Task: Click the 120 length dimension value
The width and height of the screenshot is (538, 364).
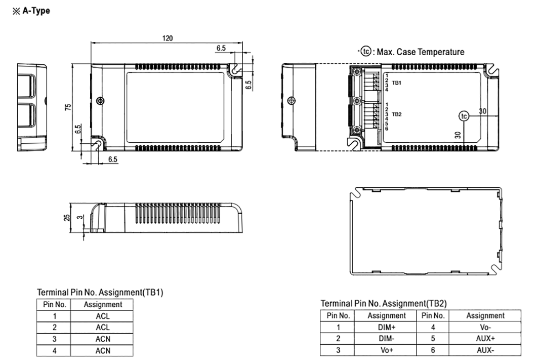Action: pyautogui.click(x=168, y=38)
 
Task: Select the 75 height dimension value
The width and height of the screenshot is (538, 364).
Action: pyautogui.click(x=68, y=107)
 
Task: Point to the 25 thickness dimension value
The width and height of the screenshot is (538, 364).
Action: pyautogui.click(x=67, y=217)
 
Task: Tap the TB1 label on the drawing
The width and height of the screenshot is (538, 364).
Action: pyautogui.click(x=397, y=82)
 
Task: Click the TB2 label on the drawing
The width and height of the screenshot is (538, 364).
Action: pyautogui.click(x=397, y=114)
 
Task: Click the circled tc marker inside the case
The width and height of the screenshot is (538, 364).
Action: pyautogui.click(x=464, y=116)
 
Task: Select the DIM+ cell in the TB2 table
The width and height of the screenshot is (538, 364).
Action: pyautogui.click(x=387, y=327)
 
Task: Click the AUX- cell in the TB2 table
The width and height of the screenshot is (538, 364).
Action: pyautogui.click(x=485, y=350)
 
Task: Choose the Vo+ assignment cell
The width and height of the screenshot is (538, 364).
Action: pyautogui.click(x=387, y=350)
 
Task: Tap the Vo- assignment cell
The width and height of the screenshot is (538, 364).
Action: pyautogui.click(x=485, y=327)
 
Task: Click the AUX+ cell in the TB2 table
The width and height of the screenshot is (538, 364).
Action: pyautogui.click(x=485, y=338)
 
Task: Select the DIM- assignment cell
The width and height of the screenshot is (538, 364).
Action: pyautogui.click(x=387, y=338)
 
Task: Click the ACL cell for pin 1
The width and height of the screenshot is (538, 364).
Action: pyautogui.click(x=103, y=316)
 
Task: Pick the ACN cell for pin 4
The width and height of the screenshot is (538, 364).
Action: pyautogui.click(x=103, y=350)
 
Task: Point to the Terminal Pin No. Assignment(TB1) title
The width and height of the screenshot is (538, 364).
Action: pyautogui.click(x=100, y=292)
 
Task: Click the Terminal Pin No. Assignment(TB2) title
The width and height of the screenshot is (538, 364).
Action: pyautogui.click(x=384, y=303)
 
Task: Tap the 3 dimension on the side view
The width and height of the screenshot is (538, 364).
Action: pyautogui.click(x=78, y=217)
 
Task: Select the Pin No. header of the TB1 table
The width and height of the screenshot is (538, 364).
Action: pyautogui.click(x=53, y=304)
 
